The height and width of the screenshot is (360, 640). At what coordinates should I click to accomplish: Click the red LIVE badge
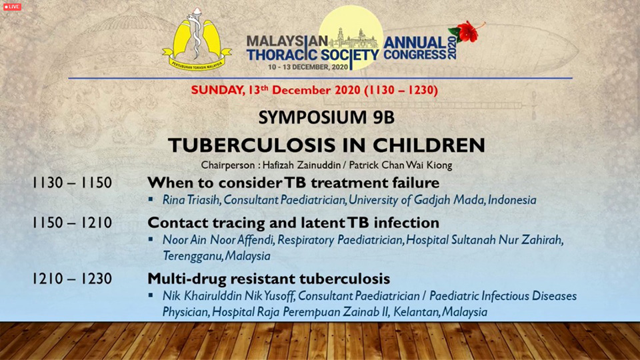(12, 7)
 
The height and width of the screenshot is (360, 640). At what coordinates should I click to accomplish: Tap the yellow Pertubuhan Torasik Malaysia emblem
(197, 39)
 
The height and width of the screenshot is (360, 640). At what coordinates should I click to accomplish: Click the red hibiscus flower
(467, 32)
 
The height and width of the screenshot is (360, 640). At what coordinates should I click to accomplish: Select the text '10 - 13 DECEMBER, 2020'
(308, 67)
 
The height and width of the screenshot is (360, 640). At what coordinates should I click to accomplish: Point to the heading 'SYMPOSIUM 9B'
(327, 117)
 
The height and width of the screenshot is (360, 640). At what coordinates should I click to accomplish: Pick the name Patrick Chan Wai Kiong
(401, 165)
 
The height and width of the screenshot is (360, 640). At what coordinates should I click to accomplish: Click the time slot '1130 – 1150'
(72, 183)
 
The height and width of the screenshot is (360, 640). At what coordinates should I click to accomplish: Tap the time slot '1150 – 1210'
(72, 223)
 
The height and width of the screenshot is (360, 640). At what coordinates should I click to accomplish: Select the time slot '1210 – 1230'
(72, 279)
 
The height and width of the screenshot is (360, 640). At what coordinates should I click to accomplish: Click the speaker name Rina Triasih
(191, 200)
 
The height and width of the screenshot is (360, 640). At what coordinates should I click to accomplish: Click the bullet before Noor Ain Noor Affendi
(151, 239)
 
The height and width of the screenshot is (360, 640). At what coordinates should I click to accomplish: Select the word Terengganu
(193, 256)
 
